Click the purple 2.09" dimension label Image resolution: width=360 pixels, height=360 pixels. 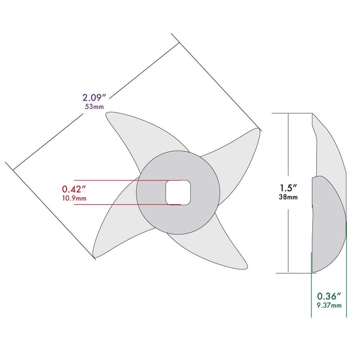[x=94, y=98]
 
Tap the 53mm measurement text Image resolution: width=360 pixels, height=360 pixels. [x=94, y=107]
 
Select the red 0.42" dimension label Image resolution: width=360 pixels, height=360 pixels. [x=73, y=189]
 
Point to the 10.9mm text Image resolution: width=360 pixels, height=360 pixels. [x=74, y=198]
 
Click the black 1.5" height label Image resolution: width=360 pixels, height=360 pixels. [x=288, y=188]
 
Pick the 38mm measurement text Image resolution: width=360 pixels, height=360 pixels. [x=288, y=197]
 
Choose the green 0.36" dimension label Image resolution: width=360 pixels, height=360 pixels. [x=329, y=297]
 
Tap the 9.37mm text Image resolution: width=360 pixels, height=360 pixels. [x=329, y=306]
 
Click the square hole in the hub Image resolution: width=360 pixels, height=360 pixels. [x=178, y=193]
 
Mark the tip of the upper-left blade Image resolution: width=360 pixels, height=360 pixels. [x=107, y=113]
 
